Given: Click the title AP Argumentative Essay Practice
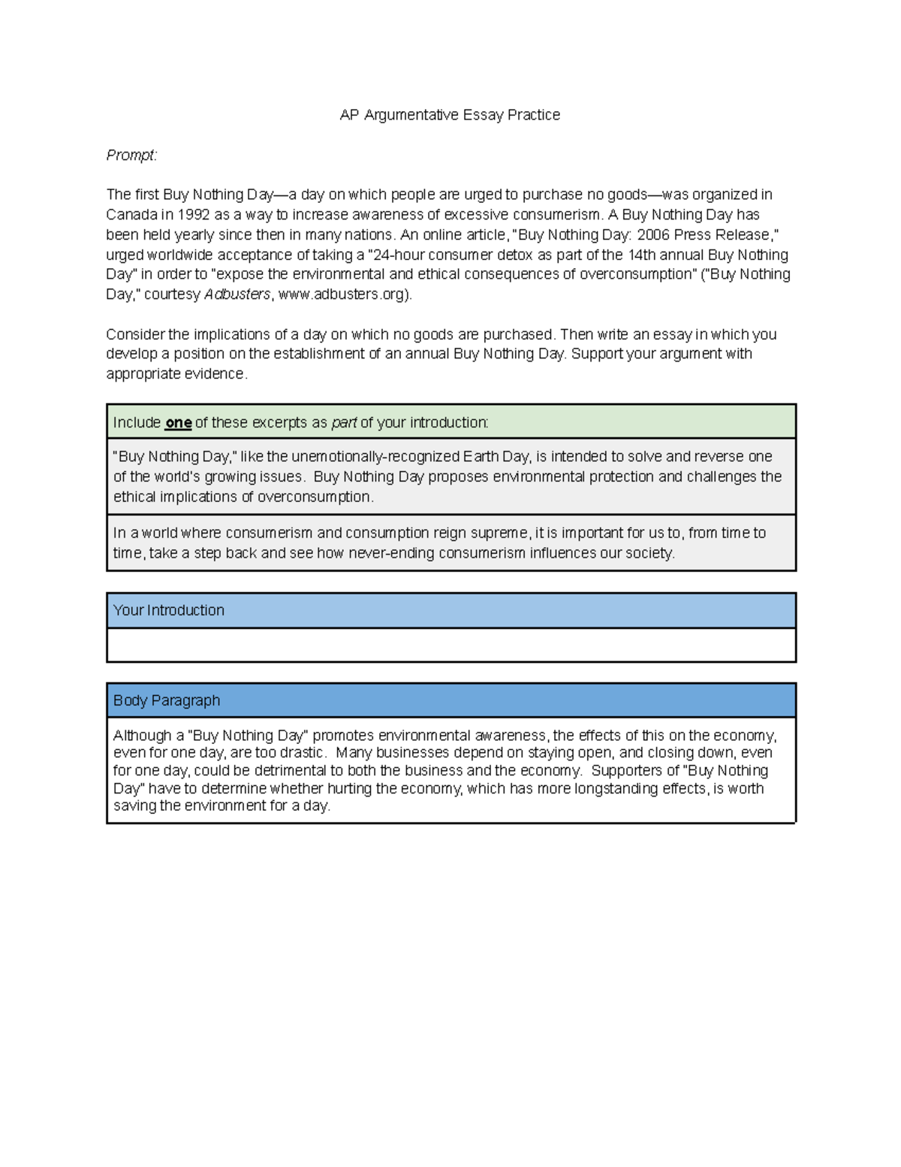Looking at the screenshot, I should (450, 115).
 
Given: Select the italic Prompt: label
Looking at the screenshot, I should (131, 155).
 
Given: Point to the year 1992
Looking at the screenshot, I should (194, 215).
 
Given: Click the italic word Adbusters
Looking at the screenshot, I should (237, 295).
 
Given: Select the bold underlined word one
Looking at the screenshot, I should (178, 423).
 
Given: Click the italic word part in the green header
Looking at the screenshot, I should (344, 423).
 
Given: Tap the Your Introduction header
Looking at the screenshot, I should (169, 610).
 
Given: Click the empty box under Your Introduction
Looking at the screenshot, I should (450, 645).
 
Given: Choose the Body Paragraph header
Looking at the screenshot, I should (167, 700).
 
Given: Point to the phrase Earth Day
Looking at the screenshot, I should (496, 457).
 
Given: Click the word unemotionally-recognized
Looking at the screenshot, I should (375, 457).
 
